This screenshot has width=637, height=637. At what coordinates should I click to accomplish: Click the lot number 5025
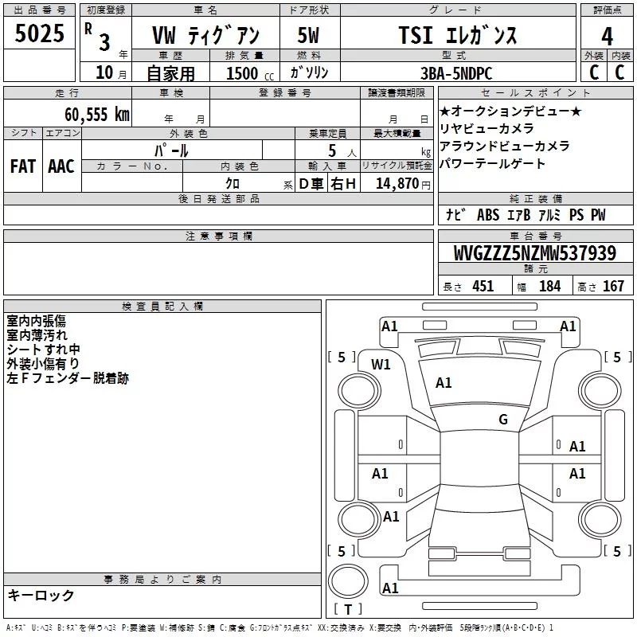[x=39, y=33]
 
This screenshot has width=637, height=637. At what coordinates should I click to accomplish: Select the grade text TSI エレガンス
[x=458, y=35]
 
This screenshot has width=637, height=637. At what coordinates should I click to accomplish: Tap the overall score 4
[x=607, y=37]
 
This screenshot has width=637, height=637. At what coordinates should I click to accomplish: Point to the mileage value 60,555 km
[x=97, y=115]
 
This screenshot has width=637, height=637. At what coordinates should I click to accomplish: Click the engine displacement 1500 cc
[x=250, y=73]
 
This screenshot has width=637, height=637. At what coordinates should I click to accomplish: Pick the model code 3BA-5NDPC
[x=456, y=73]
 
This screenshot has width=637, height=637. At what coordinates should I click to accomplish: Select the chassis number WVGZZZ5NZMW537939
[x=535, y=253]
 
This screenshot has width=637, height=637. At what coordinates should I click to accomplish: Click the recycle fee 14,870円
[x=403, y=184]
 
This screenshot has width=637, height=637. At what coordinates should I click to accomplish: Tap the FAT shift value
[x=23, y=166]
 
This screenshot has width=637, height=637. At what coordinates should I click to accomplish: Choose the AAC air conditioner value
[x=61, y=166]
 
